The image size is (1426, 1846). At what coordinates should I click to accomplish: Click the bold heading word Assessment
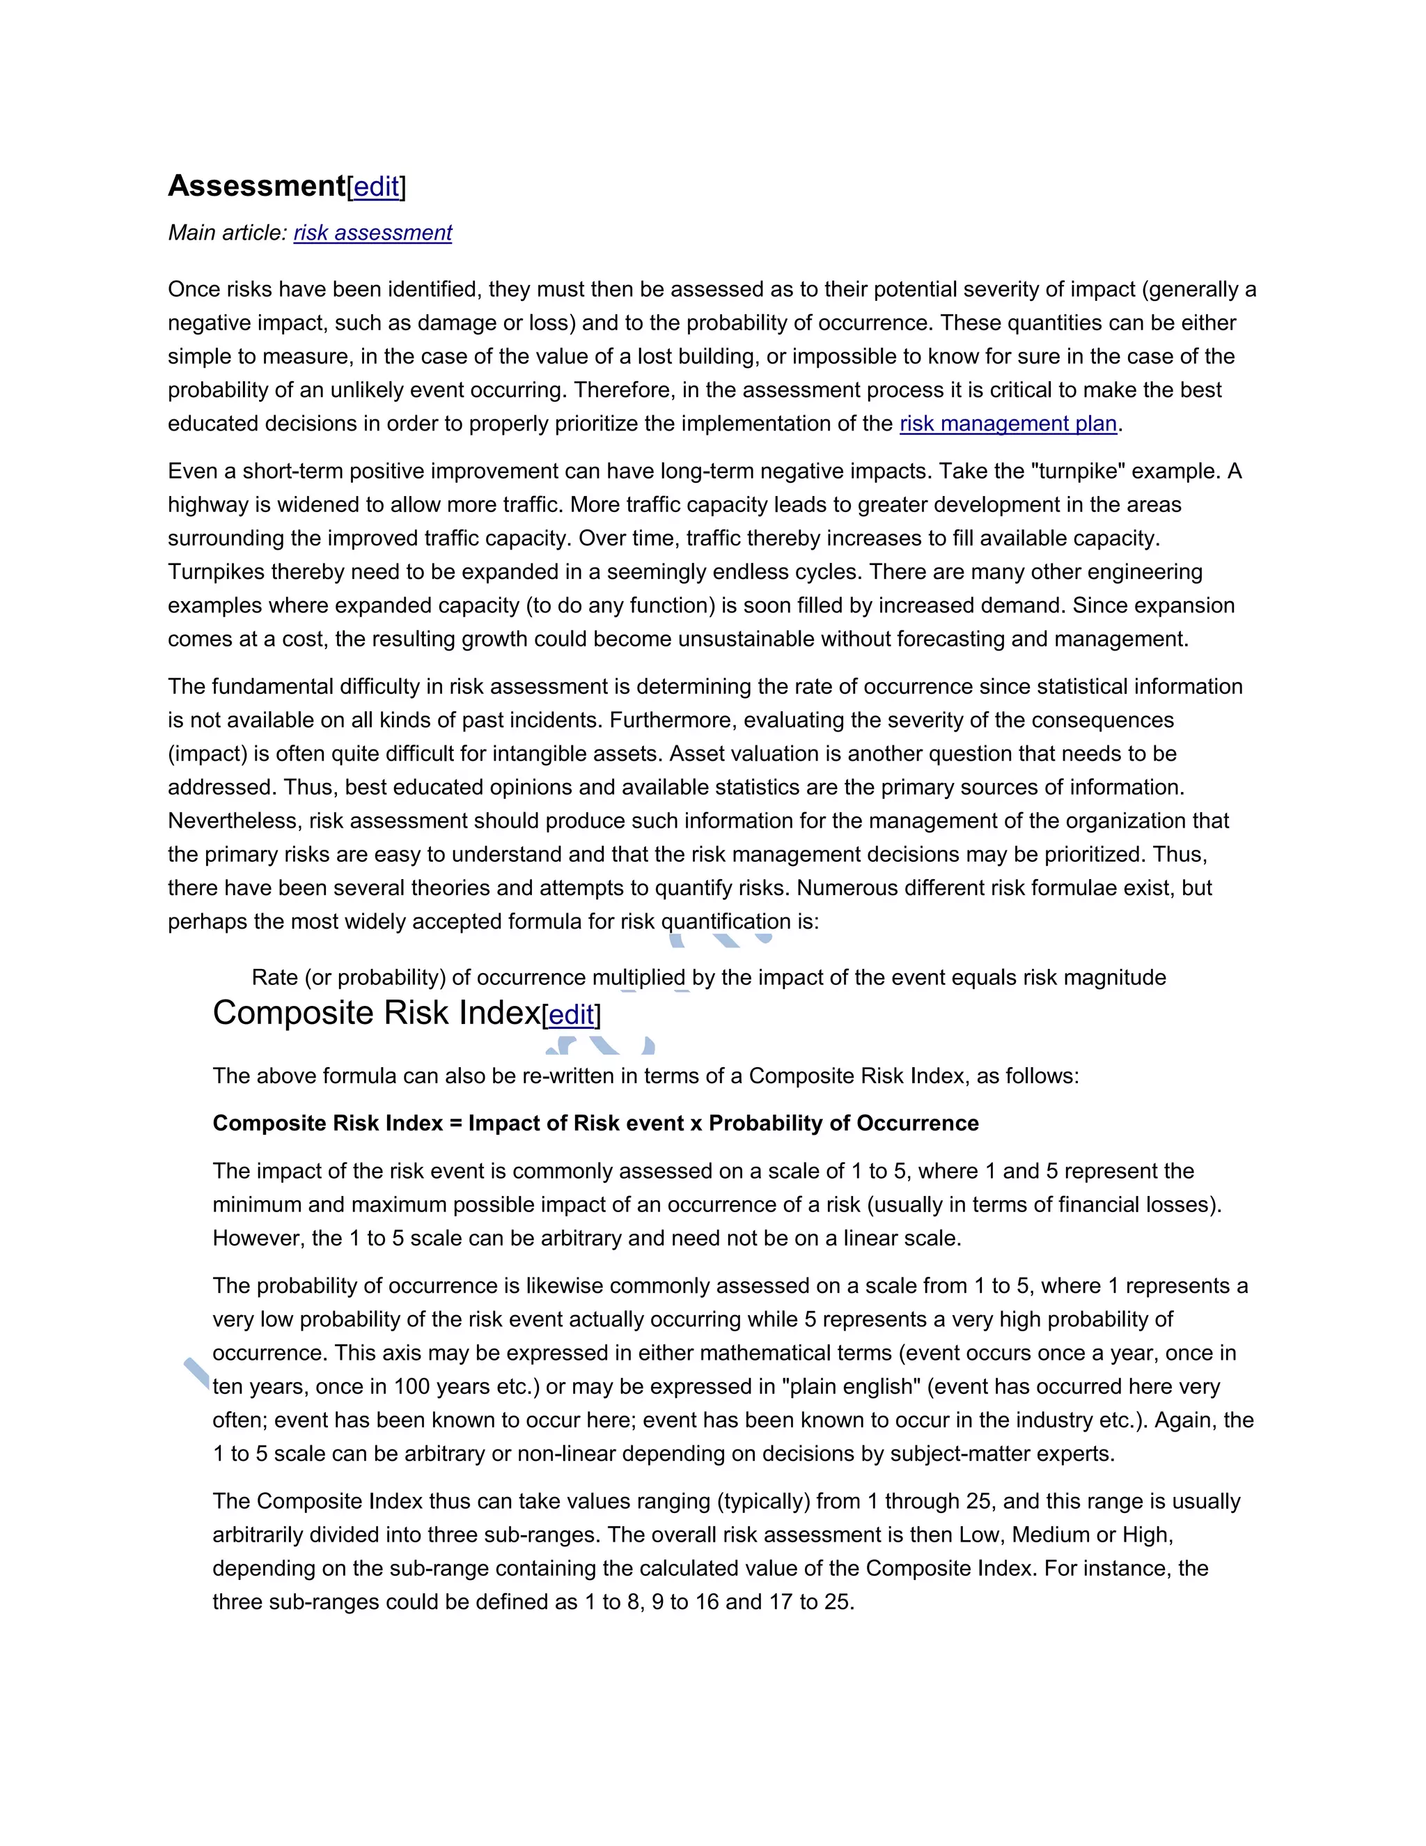tap(256, 186)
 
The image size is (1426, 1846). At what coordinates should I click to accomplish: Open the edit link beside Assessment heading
tap(376, 187)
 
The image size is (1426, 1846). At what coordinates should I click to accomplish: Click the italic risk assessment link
tap(373, 233)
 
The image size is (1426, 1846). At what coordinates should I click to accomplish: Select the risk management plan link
tap(1008, 424)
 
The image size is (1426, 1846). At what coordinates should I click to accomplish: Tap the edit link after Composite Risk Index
tap(571, 1014)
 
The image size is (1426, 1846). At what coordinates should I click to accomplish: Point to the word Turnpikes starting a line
tap(215, 572)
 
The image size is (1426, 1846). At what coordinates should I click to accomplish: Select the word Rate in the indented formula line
tap(274, 978)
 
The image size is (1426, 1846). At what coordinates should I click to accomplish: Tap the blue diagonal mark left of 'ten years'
tap(197, 1373)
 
